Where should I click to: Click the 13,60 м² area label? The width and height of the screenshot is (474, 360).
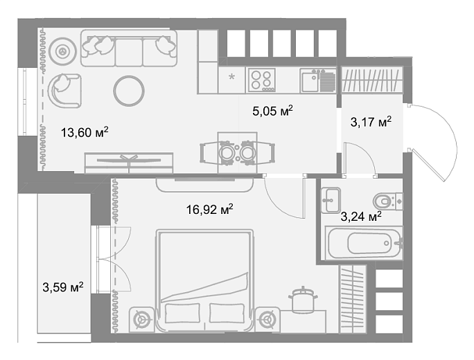[x=85, y=132]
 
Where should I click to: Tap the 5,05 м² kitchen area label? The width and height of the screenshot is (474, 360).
[x=272, y=111]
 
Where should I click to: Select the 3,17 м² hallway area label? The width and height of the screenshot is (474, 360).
[x=371, y=122]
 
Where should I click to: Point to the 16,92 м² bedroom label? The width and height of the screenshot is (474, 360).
[x=209, y=209]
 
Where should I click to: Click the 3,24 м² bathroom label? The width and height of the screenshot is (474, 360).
[x=361, y=216]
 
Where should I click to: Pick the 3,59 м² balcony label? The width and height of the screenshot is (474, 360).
[x=63, y=287]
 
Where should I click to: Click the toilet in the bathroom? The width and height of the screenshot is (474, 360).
[x=388, y=201]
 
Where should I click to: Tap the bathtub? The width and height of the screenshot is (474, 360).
[x=364, y=242]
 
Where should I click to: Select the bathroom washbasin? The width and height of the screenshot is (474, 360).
[x=331, y=200]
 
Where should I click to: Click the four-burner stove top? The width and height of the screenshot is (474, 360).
[x=262, y=80]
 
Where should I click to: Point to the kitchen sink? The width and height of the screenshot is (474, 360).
[x=317, y=80]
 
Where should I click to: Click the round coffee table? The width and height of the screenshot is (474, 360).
[x=129, y=91]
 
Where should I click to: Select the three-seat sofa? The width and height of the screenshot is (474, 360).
[x=129, y=48]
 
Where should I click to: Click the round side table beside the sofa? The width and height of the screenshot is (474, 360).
[x=63, y=51]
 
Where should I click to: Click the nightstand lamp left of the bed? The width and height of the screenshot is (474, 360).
[x=142, y=320]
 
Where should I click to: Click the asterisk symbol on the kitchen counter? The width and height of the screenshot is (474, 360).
[x=231, y=77]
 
